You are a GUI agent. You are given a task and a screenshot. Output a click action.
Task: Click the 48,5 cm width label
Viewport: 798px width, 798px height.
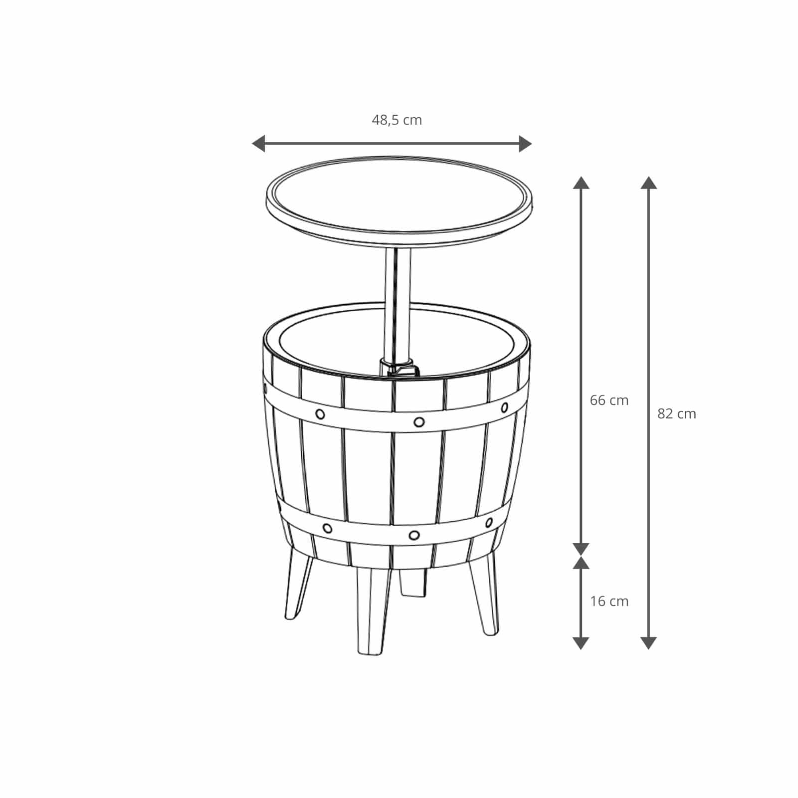click(x=397, y=120)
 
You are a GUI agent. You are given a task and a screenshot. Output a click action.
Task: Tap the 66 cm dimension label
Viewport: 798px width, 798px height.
click(x=609, y=400)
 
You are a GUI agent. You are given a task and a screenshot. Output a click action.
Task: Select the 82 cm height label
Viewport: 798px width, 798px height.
click(x=676, y=413)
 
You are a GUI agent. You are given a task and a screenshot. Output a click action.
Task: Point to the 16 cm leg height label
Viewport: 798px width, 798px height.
click(x=609, y=601)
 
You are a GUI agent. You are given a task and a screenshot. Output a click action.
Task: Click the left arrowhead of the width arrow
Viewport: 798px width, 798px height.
click(x=258, y=144)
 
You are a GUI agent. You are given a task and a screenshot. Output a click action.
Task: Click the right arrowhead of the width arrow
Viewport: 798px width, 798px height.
click(x=525, y=144)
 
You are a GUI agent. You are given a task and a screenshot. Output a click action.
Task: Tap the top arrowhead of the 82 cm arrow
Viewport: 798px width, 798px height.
click(x=648, y=183)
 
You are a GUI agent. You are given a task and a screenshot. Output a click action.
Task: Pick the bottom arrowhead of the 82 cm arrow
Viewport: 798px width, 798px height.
click(x=648, y=643)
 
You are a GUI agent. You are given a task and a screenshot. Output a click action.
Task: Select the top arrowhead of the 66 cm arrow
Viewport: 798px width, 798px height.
click(x=581, y=183)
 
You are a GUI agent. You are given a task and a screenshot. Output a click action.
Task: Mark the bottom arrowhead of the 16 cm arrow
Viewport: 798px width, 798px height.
click(x=581, y=643)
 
